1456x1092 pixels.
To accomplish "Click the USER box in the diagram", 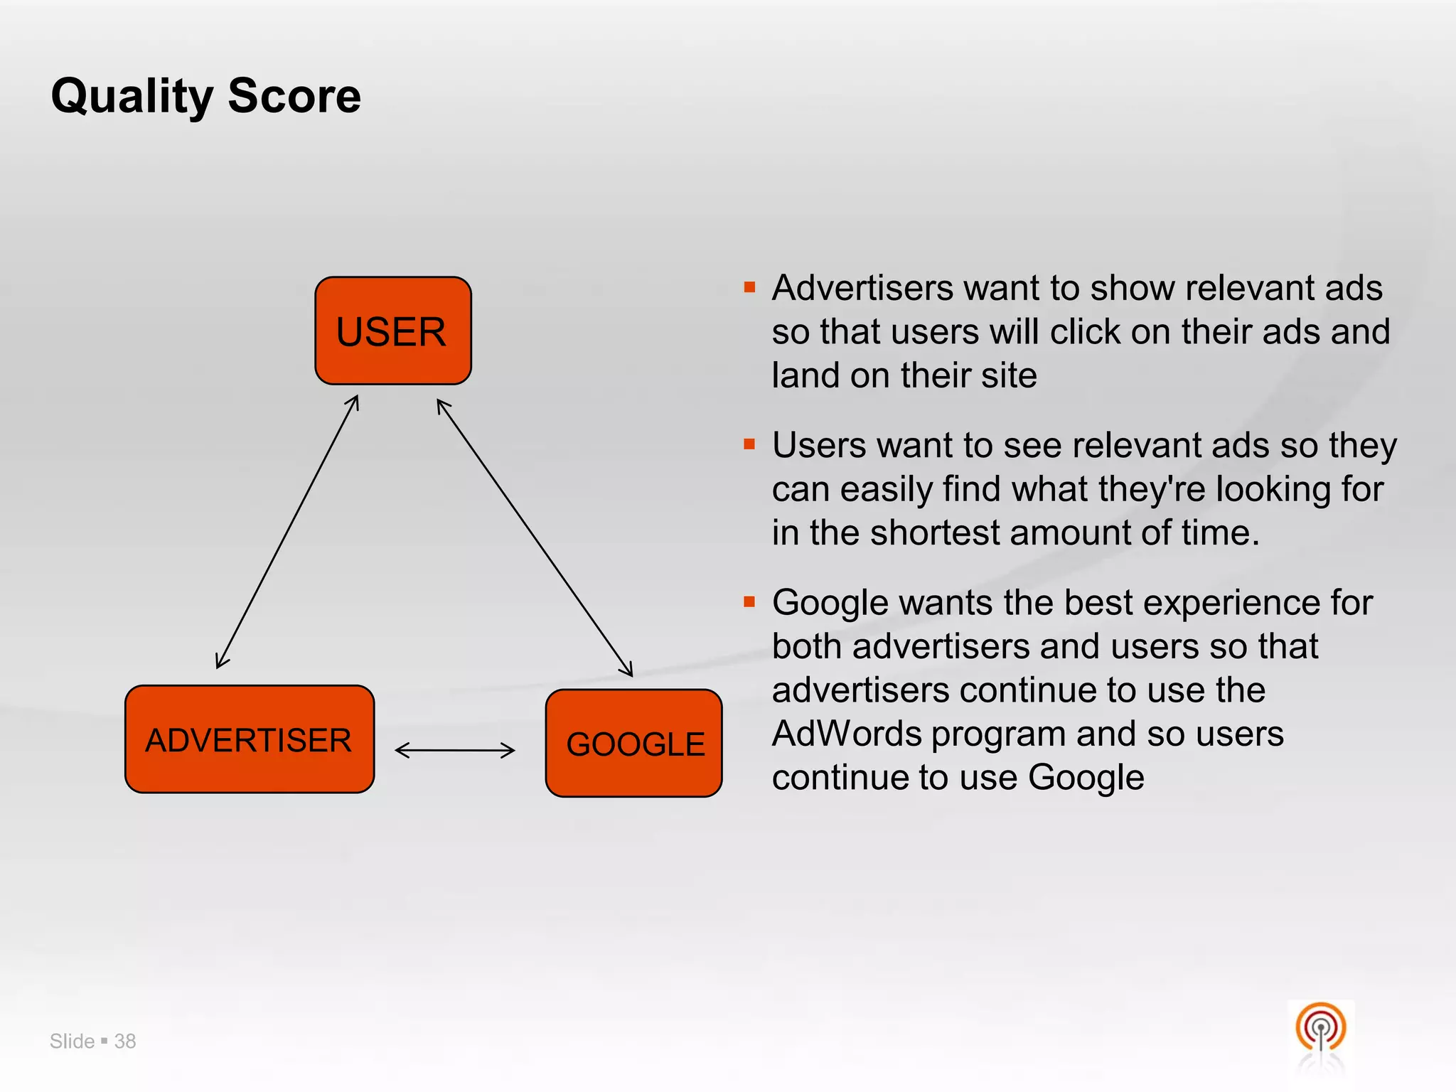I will (392, 331).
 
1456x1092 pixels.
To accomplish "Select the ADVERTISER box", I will (249, 739).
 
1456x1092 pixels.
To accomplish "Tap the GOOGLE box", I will (633, 743).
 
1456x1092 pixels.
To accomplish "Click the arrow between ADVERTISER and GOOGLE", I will (455, 750).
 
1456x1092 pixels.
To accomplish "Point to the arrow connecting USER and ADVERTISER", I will (287, 532).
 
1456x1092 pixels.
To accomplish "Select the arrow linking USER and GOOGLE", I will (534, 537).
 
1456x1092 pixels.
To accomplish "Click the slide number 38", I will (125, 1041).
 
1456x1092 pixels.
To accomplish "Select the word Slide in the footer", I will (72, 1041).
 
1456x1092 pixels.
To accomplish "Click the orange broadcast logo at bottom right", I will (1320, 1028).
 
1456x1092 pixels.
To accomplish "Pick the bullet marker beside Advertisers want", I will (749, 287).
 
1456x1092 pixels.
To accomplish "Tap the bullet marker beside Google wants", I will (749, 602).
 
